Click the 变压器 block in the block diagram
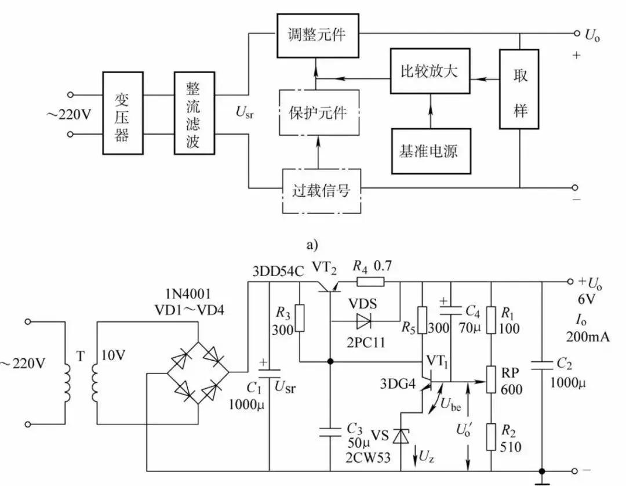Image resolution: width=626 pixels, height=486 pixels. coord(121,113)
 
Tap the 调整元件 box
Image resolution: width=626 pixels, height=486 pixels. coord(316,35)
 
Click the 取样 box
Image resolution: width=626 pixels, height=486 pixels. coord(520,88)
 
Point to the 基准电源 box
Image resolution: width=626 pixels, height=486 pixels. coord(428,151)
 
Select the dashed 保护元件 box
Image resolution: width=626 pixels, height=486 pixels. coord(317,113)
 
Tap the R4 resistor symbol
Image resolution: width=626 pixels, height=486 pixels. coord(370,282)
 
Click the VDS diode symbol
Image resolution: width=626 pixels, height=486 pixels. coord(365,320)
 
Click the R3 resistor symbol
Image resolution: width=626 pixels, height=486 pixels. coord(300,318)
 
